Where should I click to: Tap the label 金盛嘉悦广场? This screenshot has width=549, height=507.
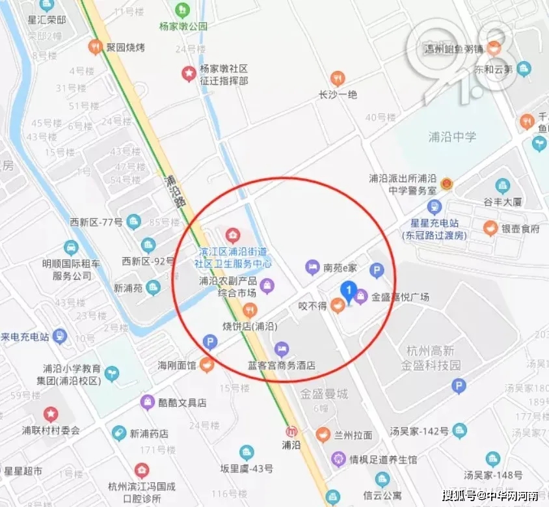tap(400, 297)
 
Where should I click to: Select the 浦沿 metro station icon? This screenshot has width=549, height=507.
tap(292, 431)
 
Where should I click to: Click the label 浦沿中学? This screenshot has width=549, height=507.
tap(452, 137)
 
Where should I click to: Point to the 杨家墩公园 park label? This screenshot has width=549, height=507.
tap(183, 26)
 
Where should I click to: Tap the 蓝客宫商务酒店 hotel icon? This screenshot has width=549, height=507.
tap(281, 348)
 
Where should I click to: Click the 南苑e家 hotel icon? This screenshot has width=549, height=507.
tap(312, 267)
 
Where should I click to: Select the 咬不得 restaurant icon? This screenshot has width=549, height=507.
tap(337, 305)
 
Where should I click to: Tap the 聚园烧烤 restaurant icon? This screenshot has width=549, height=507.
tap(96, 47)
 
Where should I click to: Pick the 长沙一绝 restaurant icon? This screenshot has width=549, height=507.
tap(337, 78)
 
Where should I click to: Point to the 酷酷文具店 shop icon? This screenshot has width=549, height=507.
tap(148, 402)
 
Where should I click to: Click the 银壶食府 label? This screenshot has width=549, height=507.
tap(520, 229)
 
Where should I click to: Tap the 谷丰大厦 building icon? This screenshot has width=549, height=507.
tap(502, 186)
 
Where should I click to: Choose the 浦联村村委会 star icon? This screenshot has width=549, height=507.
tap(50, 414)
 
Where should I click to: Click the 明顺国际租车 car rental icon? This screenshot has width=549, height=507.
tap(71, 248)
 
